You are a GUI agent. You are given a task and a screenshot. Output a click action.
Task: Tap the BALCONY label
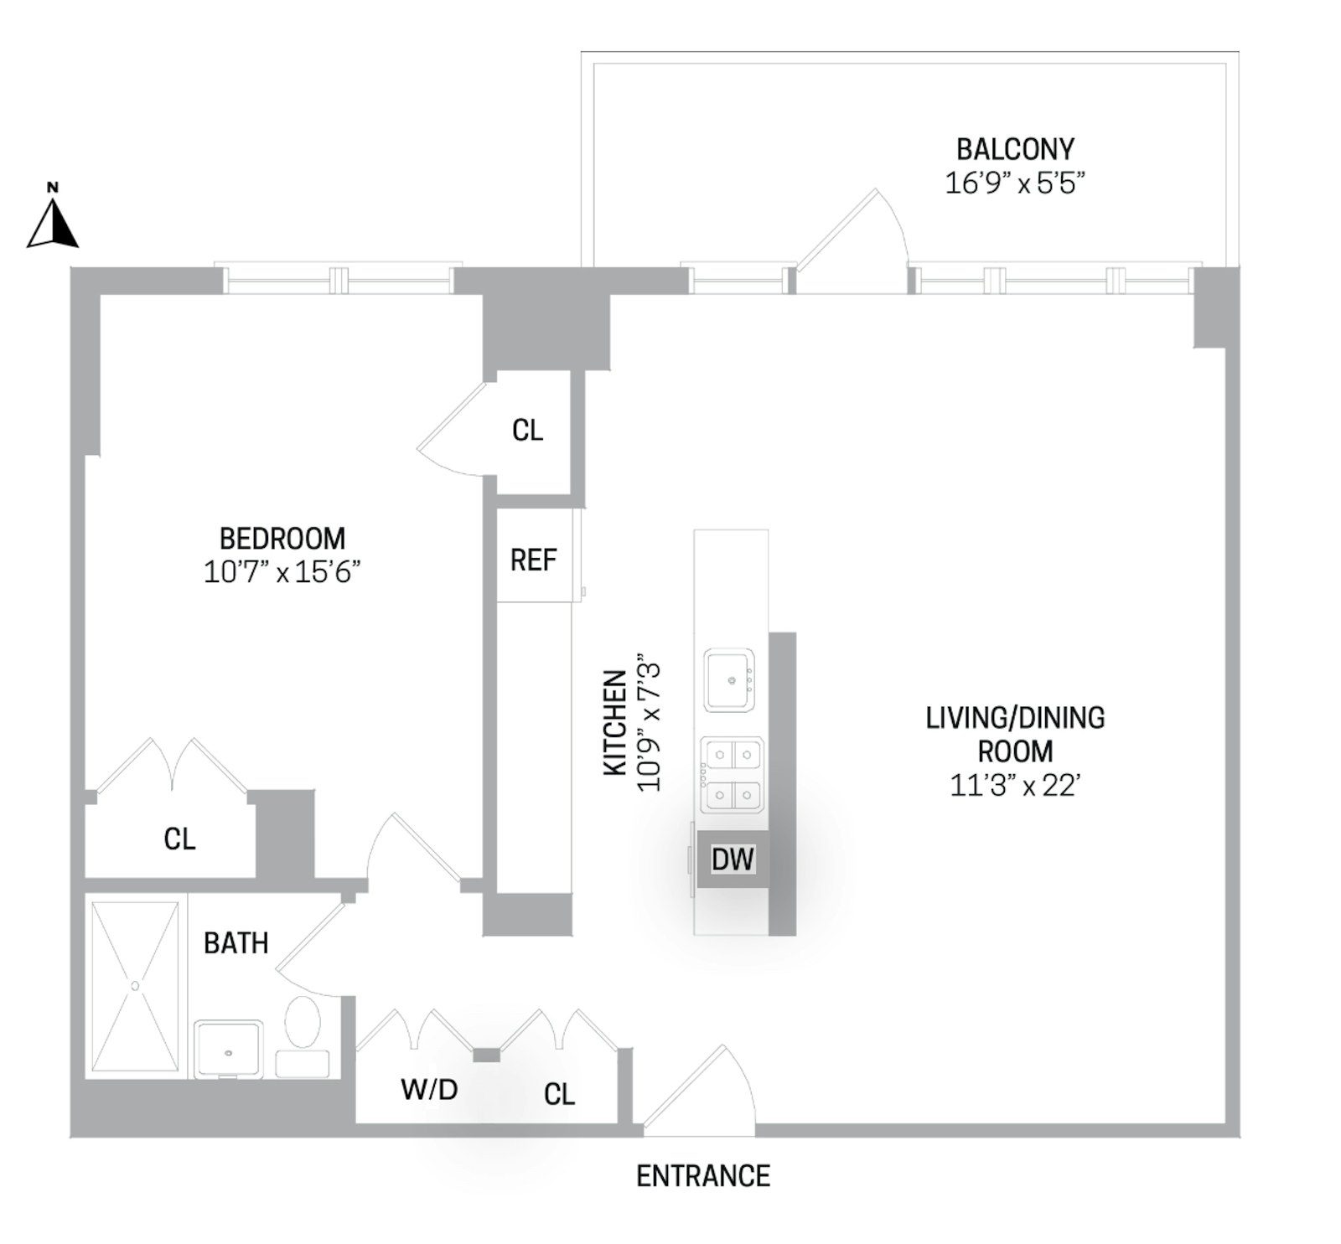[1014, 150]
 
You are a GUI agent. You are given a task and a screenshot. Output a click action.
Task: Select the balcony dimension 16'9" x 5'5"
[1014, 183]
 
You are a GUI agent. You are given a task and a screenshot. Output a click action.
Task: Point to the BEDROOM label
[282, 539]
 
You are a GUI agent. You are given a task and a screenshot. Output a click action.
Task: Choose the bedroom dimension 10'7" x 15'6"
[282, 573]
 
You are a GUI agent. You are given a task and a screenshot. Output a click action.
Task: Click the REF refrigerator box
[534, 560]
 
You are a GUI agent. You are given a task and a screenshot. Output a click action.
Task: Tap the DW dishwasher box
[733, 859]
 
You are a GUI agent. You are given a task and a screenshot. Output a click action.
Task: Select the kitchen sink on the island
[729, 679]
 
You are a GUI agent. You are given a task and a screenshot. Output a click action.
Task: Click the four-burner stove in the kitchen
[733, 774]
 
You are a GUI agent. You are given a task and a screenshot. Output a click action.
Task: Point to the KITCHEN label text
[616, 721]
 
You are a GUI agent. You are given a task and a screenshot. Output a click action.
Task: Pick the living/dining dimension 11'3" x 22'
[1014, 786]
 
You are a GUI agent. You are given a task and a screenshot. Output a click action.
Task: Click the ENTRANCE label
[702, 1176]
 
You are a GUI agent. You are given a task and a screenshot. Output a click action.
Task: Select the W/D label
[429, 1090]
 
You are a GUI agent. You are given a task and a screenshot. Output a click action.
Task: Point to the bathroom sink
[229, 1049]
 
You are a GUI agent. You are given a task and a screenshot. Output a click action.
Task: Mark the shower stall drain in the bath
[135, 986]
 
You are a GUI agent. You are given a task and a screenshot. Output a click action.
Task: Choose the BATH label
[236, 943]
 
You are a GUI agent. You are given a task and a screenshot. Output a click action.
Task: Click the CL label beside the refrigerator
[527, 431]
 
